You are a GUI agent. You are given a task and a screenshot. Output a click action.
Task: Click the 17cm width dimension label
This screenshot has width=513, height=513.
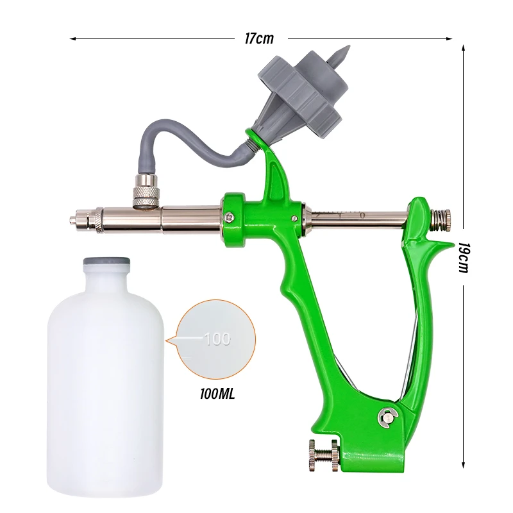pos(259,38)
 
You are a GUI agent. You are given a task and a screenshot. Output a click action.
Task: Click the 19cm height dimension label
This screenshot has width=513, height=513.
pos(464,258)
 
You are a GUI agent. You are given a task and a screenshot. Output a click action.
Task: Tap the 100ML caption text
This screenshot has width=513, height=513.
pos(217,394)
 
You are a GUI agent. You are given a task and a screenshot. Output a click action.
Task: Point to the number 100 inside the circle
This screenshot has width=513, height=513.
pos(217,339)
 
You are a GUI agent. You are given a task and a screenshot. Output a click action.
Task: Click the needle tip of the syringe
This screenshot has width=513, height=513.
pos(71,220)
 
